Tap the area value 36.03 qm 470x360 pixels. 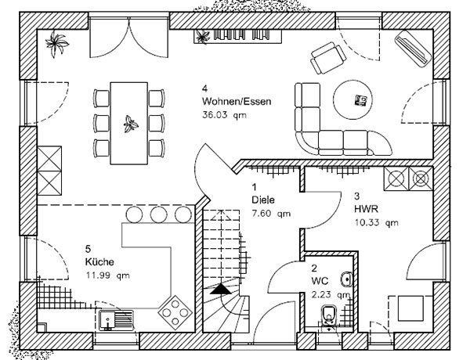[224, 115]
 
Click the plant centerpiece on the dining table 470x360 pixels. [130, 122]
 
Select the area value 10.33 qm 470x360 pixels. [377, 222]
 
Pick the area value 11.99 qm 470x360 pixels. [109, 275]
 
